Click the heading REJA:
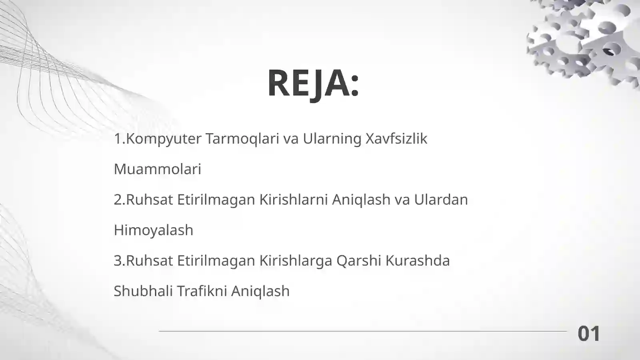pos(313,83)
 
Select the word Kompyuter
pos(164,139)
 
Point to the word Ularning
pos(332,139)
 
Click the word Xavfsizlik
pos(396,139)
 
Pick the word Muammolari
pos(157,169)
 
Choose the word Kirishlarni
pos(294,200)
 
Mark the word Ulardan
pos(441,200)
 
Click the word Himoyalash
pos(153,230)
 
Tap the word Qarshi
pos(358,260)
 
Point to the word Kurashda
pos(418,260)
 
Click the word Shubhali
pos(143,291)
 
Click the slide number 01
pos(589,334)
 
